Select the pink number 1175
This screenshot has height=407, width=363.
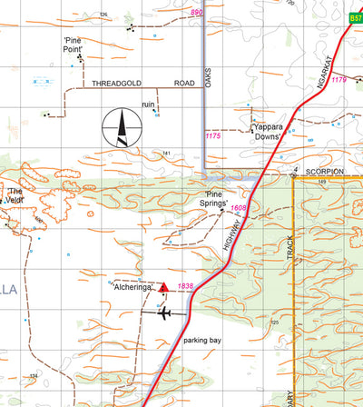(213, 136)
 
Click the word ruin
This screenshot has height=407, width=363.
(149, 104)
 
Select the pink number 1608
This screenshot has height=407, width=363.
(239, 209)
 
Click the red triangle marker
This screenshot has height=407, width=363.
(163, 288)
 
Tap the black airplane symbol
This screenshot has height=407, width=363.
(163, 314)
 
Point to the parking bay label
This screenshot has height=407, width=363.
(202, 340)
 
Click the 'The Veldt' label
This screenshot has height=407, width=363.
(15, 195)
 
